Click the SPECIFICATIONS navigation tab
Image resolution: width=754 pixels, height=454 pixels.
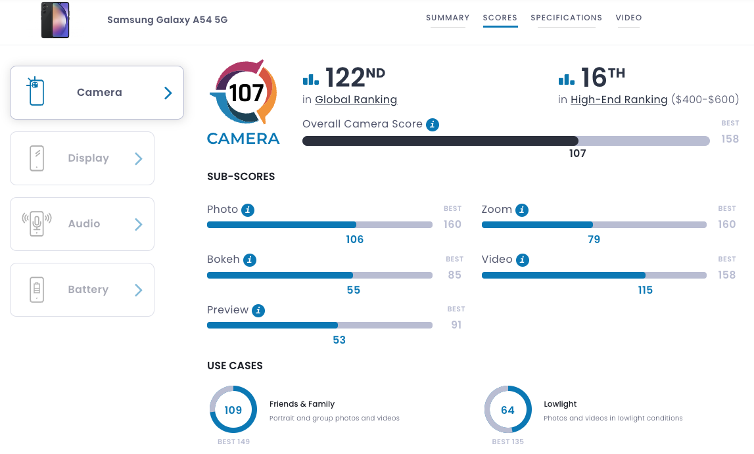(x=566, y=18)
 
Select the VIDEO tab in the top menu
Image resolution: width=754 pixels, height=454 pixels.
(x=628, y=18)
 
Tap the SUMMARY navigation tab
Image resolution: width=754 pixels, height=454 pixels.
(x=448, y=18)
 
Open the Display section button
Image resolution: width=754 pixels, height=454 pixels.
(x=82, y=158)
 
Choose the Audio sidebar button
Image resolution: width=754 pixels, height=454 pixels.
(x=82, y=224)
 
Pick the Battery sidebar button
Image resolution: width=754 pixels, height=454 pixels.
(x=82, y=290)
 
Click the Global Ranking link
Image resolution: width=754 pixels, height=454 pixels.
(x=356, y=100)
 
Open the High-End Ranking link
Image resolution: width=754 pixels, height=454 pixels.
(x=619, y=100)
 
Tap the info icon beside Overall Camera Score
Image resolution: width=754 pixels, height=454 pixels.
(x=432, y=124)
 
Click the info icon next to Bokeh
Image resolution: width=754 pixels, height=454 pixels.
(x=250, y=260)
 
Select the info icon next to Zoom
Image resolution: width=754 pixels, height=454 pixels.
(x=522, y=210)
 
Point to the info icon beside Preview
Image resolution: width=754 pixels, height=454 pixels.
(x=258, y=311)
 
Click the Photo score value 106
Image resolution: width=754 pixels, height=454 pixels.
(x=354, y=239)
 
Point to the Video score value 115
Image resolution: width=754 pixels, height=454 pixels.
(x=645, y=290)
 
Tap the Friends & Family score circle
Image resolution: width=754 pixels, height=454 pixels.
(x=233, y=410)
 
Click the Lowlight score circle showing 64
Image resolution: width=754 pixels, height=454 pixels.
(x=507, y=410)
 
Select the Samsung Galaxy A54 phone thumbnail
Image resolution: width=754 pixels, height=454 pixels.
(x=55, y=20)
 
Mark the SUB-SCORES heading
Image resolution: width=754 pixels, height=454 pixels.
(x=241, y=177)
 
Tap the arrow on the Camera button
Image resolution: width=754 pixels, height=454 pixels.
(x=168, y=93)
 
